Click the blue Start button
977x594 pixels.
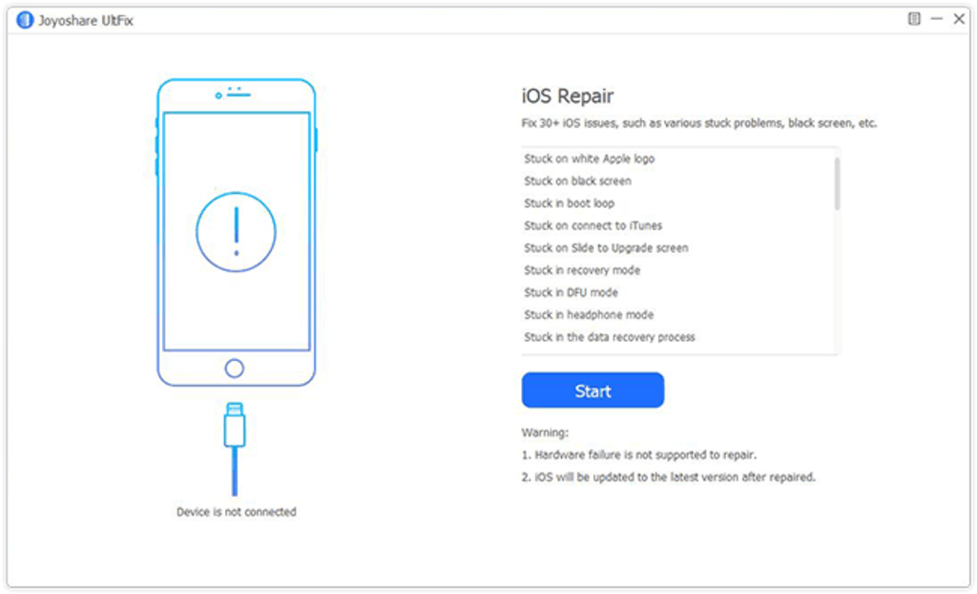coord(592,391)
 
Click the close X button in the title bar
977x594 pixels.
coord(959,19)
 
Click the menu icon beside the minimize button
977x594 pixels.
coord(914,19)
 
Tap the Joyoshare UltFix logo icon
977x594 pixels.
coord(25,20)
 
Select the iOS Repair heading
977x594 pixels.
coord(567,96)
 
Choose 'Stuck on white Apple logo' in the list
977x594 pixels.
coord(589,159)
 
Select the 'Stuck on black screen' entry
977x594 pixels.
coord(577,180)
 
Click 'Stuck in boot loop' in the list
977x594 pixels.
coord(569,203)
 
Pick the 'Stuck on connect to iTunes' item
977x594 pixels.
coord(593,226)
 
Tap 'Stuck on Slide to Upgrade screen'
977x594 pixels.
coord(606,248)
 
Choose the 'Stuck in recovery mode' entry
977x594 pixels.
coord(582,270)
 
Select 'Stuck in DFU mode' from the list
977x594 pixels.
coord(571,292)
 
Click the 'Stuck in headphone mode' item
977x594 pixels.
coord(589,315)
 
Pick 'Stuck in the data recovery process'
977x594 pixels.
coord(610,337)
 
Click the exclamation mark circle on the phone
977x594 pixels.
coord(236,193)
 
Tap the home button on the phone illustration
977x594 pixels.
coord(235,359)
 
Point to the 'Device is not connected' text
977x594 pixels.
coord(237,512)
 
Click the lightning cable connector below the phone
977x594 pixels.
coord(235,425)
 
